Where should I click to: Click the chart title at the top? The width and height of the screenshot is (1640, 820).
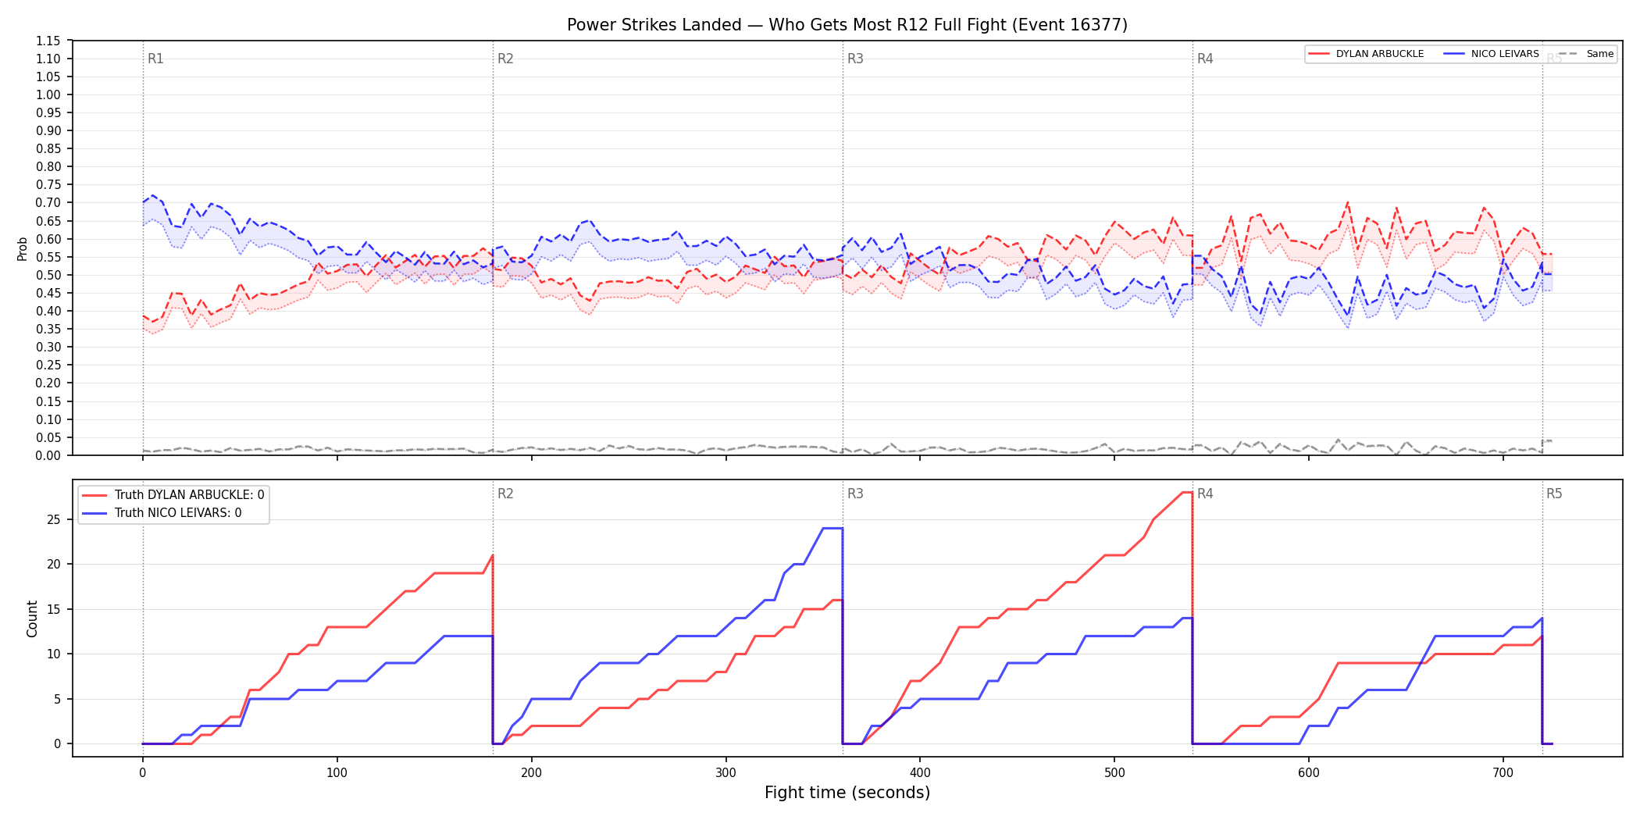[x=847, y=25]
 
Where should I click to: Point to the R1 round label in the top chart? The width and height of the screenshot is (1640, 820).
[x=155, y=59]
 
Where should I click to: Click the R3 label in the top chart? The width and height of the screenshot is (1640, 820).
[x=855, y=59]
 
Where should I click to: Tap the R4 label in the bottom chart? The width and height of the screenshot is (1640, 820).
[x=1205, y=494]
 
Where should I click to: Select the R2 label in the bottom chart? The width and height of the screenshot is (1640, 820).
[x=505, y=494]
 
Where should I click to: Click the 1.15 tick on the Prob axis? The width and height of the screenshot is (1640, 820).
[x=48, y=41]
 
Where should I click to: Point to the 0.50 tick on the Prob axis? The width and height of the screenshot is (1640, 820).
[x=48, y=275]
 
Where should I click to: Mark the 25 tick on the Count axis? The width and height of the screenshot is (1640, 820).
[x=54, y=519]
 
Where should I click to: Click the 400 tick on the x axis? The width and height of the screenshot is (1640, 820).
[x=920, y=773]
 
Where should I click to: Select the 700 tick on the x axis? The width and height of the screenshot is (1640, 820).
[x=1503, y=773]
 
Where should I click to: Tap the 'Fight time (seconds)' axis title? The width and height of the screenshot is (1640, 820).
[x=847, y=793]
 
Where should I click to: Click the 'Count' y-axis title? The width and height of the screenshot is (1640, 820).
[x=32, y=619]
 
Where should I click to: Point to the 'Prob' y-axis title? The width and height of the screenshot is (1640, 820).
[x=23, y=248]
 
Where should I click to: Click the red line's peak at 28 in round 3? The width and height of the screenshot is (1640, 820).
[x=1187, y=492]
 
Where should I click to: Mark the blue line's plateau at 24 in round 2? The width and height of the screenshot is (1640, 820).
[x=832, y=529]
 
